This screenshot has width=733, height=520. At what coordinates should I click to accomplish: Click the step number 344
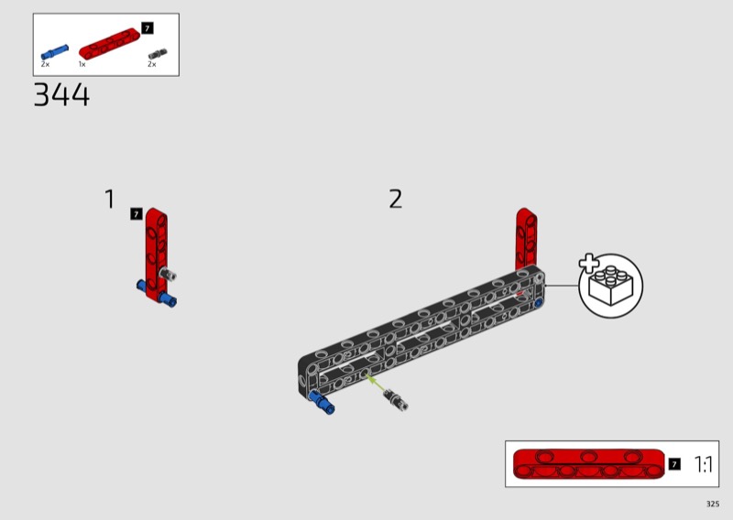pos(61,95)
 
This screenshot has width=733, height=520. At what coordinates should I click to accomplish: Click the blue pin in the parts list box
pos(55,51)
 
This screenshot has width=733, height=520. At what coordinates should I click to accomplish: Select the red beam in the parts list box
pos(109,43)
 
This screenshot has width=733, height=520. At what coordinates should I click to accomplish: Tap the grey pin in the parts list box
pos(158,54)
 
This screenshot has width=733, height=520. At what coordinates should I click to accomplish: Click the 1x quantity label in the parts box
pos(82,64)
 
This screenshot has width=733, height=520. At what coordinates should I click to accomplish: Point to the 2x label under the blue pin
pos(45,64)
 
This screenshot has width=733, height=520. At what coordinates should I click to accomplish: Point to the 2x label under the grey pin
pos(152,64)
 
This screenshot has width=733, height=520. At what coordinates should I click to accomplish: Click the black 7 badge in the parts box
pos(148,28)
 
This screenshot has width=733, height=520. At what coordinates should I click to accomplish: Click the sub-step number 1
pos(109,199)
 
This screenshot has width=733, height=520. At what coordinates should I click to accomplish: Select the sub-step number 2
pos(396,199)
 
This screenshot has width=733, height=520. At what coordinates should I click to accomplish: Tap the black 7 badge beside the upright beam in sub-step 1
pos(136,214)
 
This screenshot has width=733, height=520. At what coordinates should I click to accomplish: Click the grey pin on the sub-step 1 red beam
pos(168,274)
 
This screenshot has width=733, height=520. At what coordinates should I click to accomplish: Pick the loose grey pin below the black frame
pos(396,400)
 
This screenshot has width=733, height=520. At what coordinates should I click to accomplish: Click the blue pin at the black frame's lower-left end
pos(322,402)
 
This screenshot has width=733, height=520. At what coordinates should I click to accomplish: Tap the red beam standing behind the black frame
pos(526,238)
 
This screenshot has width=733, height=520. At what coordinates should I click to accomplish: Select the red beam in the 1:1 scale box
pos(588,464)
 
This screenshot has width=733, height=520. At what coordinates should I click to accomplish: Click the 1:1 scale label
pos(703,464)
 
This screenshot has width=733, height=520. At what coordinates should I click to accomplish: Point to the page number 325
pos(713,504)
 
